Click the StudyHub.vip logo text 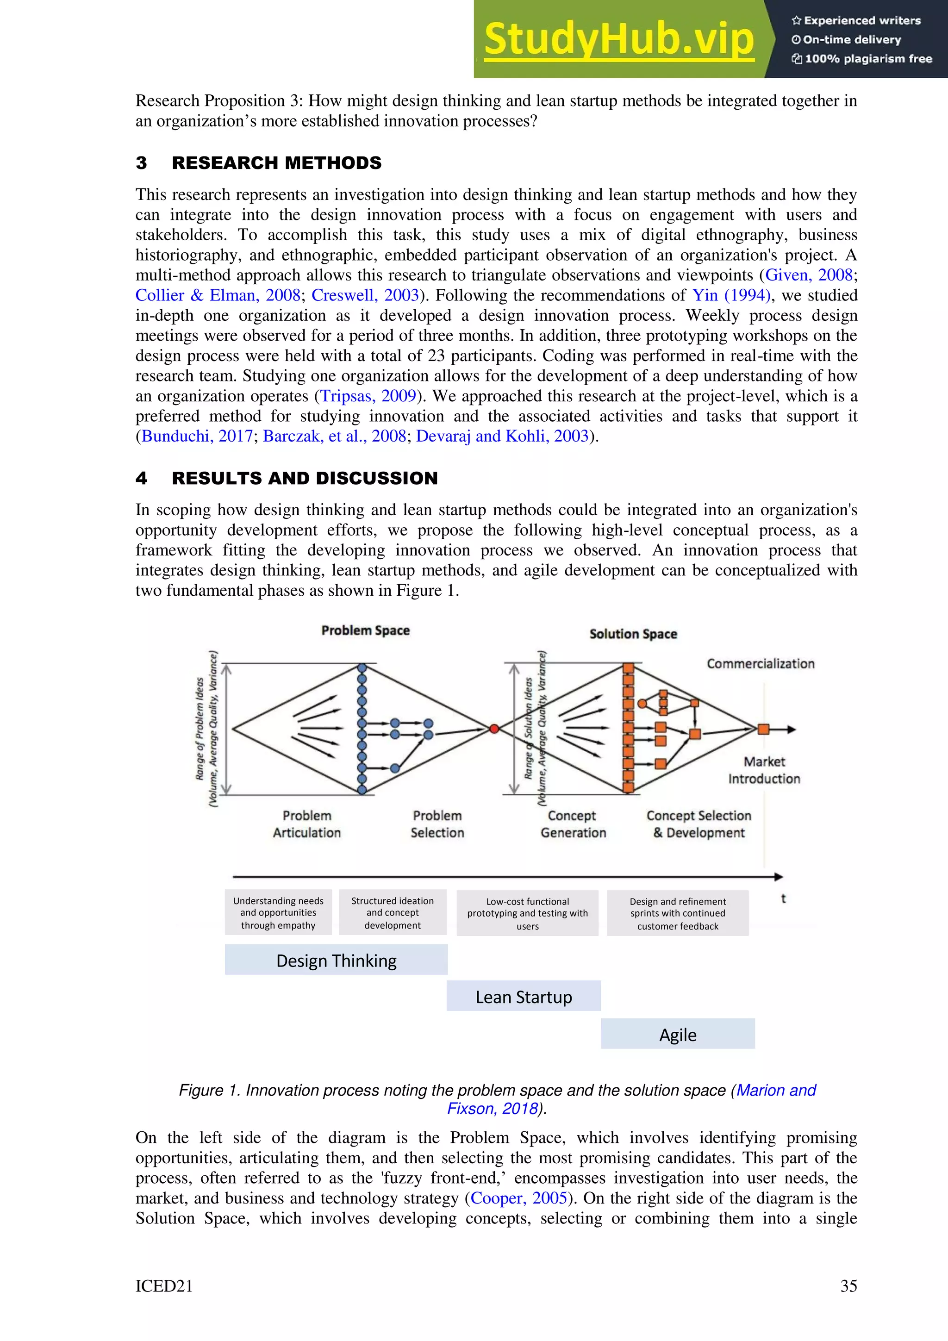(619, 40)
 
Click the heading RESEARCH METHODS (276, 163)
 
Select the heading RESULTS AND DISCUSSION (304, 478)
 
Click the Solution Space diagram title (633, 634)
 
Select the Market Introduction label (764, 770)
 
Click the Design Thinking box (337, 961)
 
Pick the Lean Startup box (524, 997)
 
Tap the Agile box (678, 1035)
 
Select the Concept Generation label (573, 824)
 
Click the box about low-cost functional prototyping (527, 913)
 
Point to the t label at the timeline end (783, 899)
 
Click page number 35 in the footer (848, 1286)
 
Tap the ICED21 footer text (164, 1286)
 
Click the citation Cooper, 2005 (519, 1198)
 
